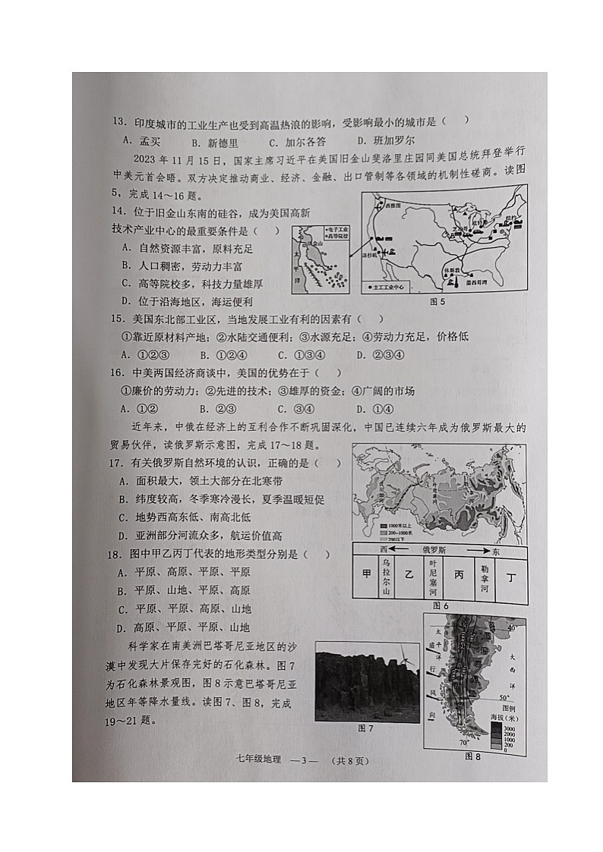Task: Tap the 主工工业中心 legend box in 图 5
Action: point(388,288)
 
